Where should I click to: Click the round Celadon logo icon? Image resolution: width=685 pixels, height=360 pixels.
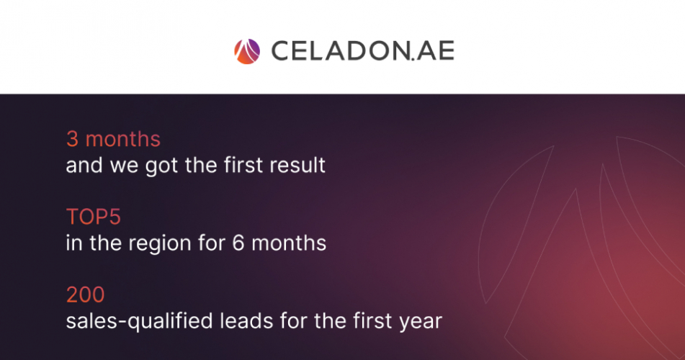(247, 52)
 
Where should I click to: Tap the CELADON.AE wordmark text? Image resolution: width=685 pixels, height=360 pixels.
(363, 51)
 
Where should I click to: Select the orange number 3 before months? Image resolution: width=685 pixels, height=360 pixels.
(72, 139)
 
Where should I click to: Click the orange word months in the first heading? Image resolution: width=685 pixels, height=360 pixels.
(122, 139)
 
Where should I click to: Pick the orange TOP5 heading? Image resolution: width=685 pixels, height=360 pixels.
(94, 217)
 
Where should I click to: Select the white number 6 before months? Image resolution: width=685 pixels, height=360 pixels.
(238, 243)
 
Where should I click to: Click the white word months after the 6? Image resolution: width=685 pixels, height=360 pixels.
(289, 243)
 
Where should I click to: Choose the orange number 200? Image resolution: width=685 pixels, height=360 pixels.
(85, 294)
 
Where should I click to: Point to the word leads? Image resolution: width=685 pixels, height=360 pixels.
(246, 320)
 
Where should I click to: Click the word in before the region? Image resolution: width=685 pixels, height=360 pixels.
(73, 243)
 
